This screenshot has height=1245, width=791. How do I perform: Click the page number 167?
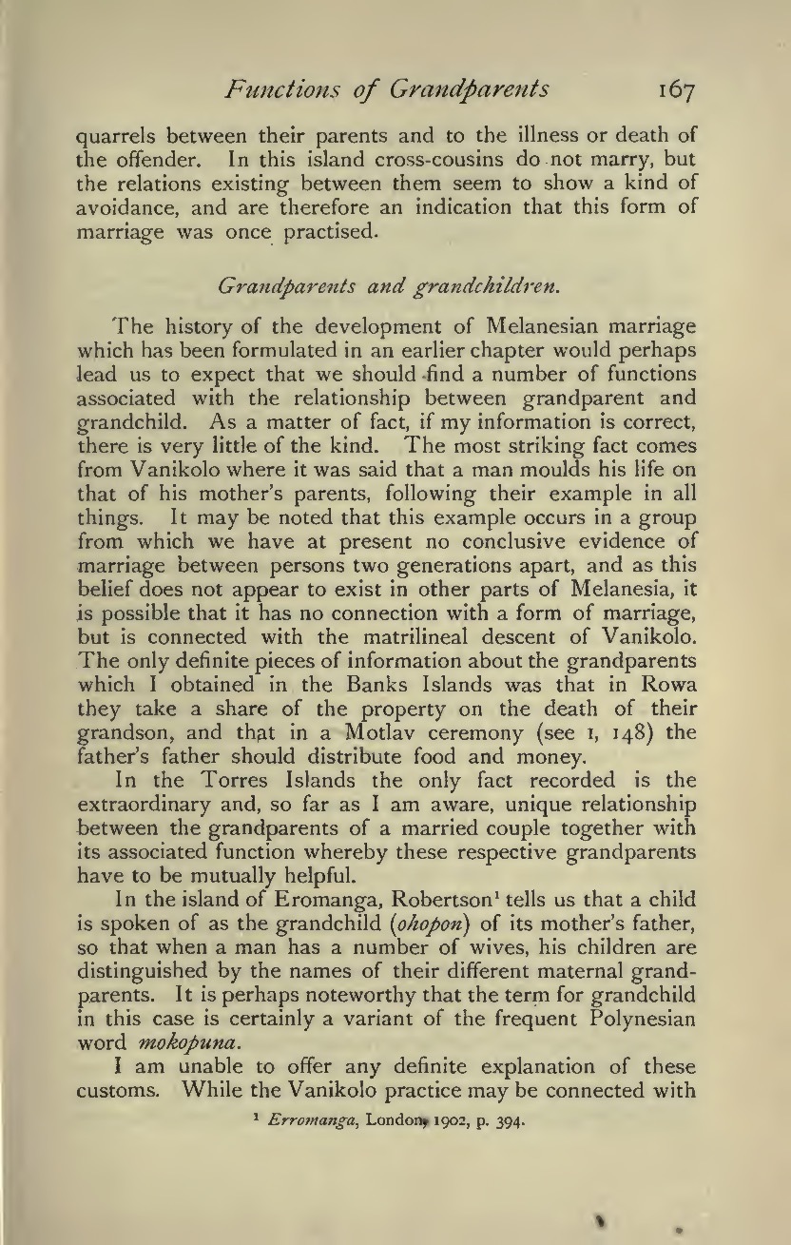pyautogui.click(x=676, y=91)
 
